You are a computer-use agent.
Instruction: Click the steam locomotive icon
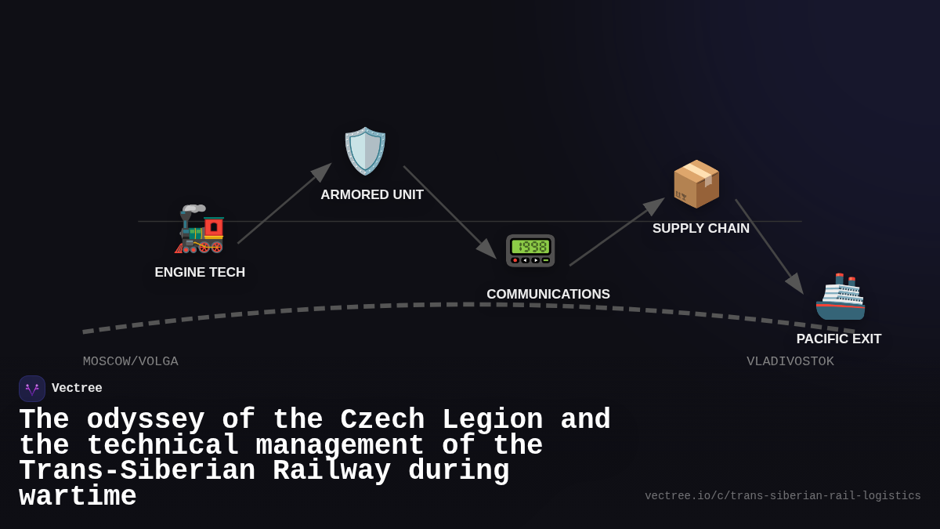point(200,230)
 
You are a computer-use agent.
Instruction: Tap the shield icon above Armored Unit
point(365,150)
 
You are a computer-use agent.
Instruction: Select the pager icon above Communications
point(530,251)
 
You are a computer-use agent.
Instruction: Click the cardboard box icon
point(696,184)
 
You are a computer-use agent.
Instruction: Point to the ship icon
point(841,297)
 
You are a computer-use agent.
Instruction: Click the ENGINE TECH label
point(200,273)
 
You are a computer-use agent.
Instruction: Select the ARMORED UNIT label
point(372,195)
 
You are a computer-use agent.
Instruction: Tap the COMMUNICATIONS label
point(548,295)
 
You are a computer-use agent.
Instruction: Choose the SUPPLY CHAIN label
point(701,229)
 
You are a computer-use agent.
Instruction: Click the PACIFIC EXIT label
point(839,339)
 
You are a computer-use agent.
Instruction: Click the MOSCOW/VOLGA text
point(131,361)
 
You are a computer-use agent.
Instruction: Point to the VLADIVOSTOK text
point(790,361)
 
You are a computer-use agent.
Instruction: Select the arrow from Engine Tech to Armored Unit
point(284,204)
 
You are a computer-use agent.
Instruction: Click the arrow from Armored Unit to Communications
point(449,212)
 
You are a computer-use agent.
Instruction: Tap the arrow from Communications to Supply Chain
point(616,232)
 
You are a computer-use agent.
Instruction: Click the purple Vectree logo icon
point(32,389)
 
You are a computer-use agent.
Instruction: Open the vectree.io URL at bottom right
point(783,496)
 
